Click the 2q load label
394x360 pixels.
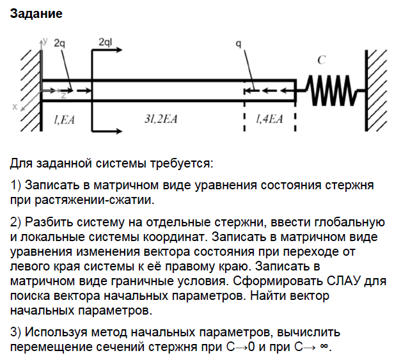pos(59,43)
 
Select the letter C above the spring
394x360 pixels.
pos(322,60)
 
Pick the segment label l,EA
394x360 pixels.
pos(64,119)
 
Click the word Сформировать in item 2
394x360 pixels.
pos(276,281)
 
